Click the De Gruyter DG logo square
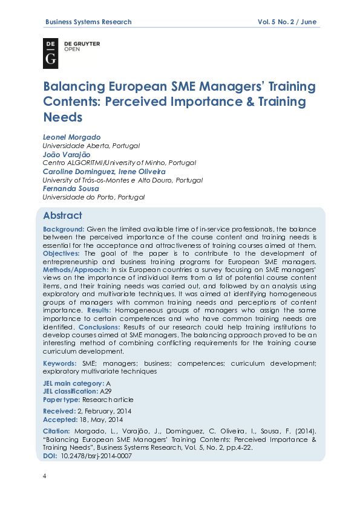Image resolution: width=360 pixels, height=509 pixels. pyautogui.click(x=51, y=53)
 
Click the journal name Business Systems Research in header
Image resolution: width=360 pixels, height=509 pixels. pyautogui.click(x=88, y=22)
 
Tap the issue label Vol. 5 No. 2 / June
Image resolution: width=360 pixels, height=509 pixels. pyautogui.click(x=287, y=22)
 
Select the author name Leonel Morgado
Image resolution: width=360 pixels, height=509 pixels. pyautogui.click(x=71, y=137)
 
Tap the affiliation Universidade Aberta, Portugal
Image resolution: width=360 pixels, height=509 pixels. pyautogui.click(x=91, y=146)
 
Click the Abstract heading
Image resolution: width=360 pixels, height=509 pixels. pyautogui.click(x=62, y=216)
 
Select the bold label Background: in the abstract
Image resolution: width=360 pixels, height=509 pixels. pyautogui.click(x=64, y=229)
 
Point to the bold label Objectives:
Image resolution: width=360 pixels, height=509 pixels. pyautogui.click(x=62, y=254)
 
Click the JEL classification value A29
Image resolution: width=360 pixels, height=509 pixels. pyautogui.click(x=105, y=392)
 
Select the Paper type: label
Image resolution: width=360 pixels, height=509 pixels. pyautogui.click(x=62, y=400)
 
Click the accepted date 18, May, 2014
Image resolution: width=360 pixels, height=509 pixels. pyautogui.click(x=102, y=420)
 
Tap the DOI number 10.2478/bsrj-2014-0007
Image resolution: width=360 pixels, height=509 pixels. pyautogui.click(x=97, y=456)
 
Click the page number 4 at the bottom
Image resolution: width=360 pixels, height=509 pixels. pyautogui.click(x=44, y=476)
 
